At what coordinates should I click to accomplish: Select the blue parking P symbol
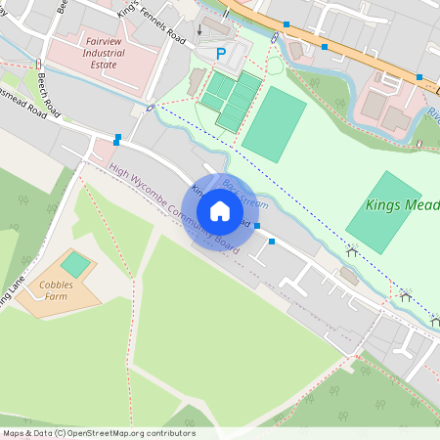point(220,53)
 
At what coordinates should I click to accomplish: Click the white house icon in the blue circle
point(220,211)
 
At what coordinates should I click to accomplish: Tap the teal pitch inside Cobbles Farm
point(75,264)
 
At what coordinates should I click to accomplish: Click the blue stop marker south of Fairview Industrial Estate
point(117,139)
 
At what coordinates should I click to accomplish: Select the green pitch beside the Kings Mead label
point(383,212)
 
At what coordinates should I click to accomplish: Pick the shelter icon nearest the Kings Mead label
point(350,251)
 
